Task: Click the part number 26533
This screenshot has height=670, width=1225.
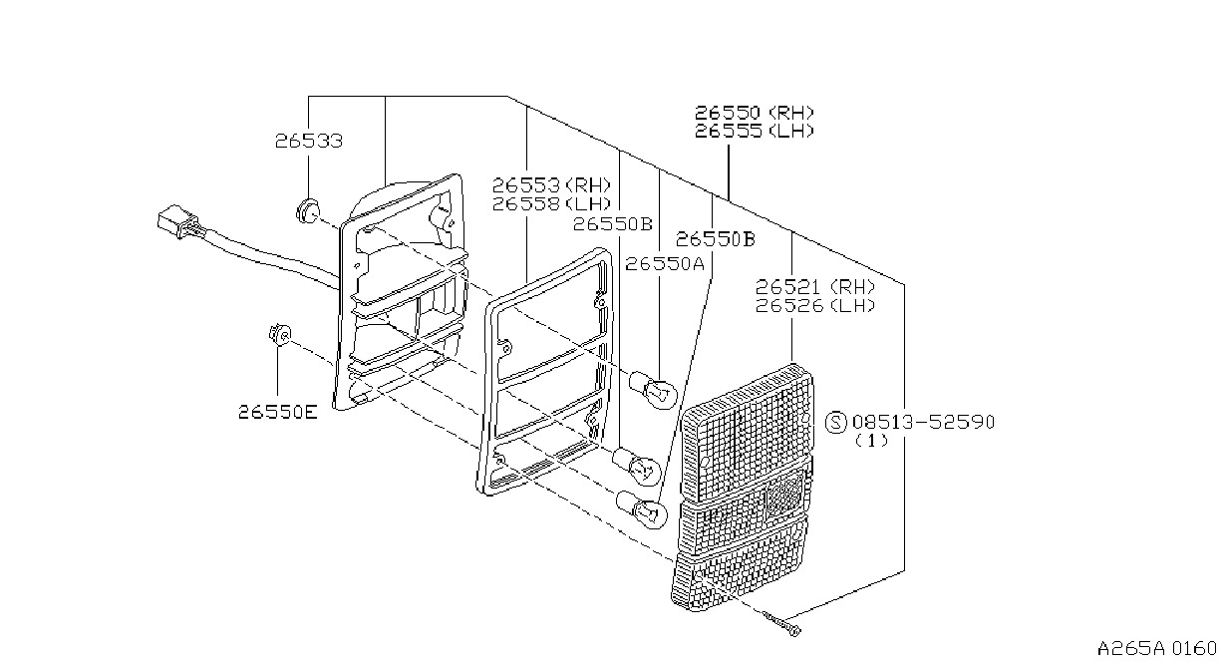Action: click(308, 142)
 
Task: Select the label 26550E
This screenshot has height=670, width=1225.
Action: click(278, 412)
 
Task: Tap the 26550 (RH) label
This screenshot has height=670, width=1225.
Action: click(755, 113)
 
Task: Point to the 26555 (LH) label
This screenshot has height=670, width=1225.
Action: click(755, 131)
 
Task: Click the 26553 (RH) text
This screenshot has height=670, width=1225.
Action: click(551, 185)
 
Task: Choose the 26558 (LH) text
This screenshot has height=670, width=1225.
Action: click(551, 204)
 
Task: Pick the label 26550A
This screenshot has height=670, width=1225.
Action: click(665, 264)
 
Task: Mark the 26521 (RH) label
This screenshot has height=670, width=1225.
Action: click(815, 286)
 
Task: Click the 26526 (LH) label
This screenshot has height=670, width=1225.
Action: click(815, 305)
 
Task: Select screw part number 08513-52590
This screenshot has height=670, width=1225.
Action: click(923, 422)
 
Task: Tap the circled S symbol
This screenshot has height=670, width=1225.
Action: click(835, 422)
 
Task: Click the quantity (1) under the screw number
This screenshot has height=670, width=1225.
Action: click(871, 441)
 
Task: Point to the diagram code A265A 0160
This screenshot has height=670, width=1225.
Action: click(1156, 649)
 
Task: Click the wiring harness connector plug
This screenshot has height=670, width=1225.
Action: click(177, 221)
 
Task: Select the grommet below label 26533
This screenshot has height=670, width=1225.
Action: click(307, 211)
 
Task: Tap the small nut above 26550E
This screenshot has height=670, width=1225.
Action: click(279, 335)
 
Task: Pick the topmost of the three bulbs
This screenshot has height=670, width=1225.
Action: click(654, 390)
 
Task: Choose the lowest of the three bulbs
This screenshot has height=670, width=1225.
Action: click(642, 509)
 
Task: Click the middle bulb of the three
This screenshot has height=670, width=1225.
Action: click(637, 466)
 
